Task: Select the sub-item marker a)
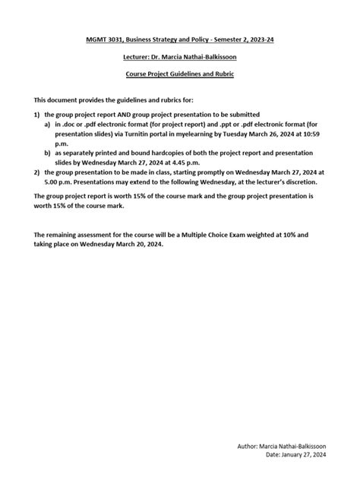pos(48,121)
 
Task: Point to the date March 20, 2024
pos(131,245)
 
